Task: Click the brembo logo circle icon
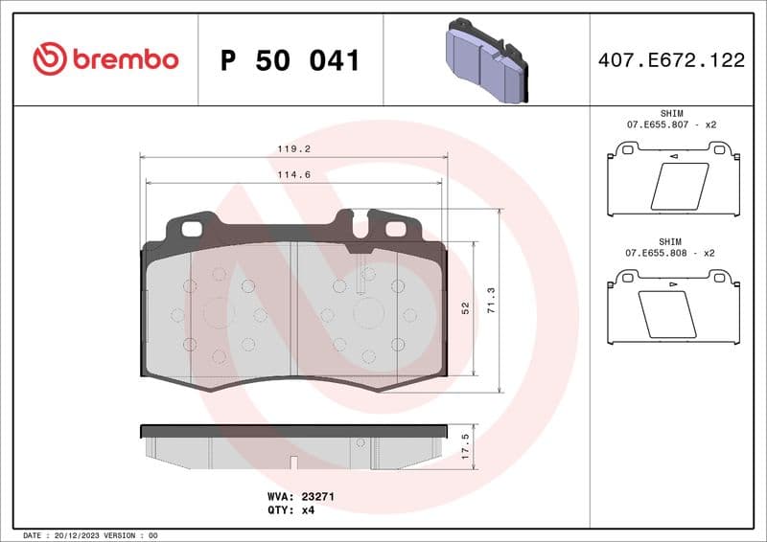49,59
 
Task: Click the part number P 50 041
290,60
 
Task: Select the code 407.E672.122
671,60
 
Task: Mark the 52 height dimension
466,308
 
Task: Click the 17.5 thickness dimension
466,446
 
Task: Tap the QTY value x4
308,510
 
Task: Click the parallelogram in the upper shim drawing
680,186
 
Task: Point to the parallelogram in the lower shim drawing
667,314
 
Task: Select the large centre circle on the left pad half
219,313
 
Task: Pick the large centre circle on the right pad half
368,313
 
